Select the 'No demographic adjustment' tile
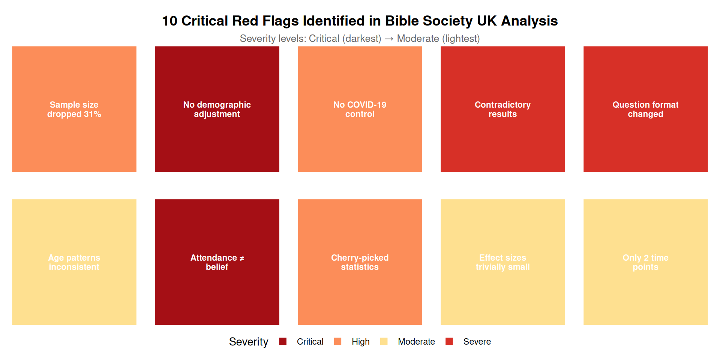[x=217, y=109]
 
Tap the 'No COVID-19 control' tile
[x=360, y=109]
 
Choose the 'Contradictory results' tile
[x=502, y=109]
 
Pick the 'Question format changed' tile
[x=645, y=109]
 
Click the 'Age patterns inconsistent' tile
[x=74, y=262]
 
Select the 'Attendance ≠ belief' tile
[x=217, y=262]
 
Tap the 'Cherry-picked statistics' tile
[x=360, y=262]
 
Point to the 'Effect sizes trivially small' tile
[x=502, y=262]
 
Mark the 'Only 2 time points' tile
[x=645, y=262]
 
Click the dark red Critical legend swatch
[x=283, y=341]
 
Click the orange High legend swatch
[x=337, y=341]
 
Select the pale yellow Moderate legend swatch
[x=384, y=341]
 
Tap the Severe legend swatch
[x=449, y=341]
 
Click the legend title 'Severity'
[x=249, y=342]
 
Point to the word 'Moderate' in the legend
[x=416, y=342]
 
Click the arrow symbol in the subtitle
[x=389, y=39]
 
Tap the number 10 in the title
[x=169, y=21]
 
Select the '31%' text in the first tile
[x=92, y=114]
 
